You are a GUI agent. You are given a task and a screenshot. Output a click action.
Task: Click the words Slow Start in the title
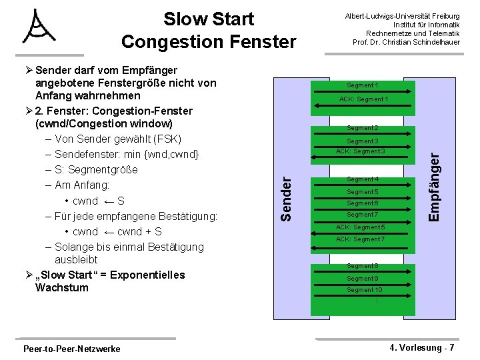click(209, 19)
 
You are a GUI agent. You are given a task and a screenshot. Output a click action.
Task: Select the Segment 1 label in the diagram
click(362, 85)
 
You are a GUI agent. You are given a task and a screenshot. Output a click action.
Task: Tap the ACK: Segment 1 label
click(363, 99)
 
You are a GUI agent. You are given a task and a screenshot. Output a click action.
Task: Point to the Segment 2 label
click(362, 128)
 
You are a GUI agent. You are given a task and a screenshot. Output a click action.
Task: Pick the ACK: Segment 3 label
click(361, 151)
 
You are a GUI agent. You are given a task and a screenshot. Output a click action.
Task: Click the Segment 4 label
click(362, 179)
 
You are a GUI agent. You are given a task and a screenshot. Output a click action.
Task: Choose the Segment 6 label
click(362, 203)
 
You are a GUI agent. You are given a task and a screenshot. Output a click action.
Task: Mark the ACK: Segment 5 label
click(361, 227)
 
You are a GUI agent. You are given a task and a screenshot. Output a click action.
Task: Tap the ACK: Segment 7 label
click(361, 239)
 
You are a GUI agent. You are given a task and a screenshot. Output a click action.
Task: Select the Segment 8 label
click(362, 266)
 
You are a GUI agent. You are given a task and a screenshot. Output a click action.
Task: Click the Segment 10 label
click(364, 290)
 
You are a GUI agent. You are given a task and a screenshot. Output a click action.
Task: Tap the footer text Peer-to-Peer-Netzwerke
click(71, 349)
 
